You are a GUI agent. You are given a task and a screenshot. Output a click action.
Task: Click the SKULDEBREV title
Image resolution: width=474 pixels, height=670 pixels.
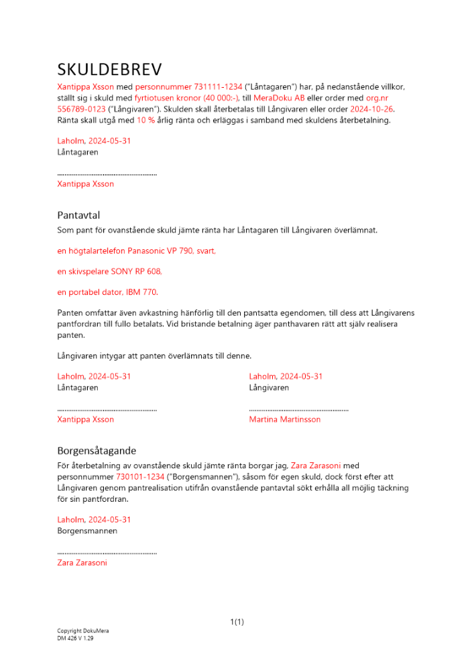pyautogui.click(x=109, y=70)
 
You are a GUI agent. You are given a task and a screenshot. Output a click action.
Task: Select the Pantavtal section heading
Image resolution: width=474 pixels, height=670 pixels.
pyautogui.click(x=78, y=215)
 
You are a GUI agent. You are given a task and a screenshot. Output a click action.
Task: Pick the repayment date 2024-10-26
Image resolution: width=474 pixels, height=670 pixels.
pyautogui.click(x=371, y=109)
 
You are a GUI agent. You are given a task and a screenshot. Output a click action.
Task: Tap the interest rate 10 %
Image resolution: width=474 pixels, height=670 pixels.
pyautogui.click(x=145, y=121)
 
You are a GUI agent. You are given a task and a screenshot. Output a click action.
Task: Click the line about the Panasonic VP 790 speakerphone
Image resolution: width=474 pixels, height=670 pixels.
pyautogui.click(x=137, y=252)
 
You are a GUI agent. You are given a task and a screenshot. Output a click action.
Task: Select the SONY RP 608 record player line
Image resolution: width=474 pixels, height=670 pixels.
pyautogui.click(x=109, y=272)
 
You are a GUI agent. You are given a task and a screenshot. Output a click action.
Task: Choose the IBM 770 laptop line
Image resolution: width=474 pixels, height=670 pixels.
pyautogui.click(x=108, y=292)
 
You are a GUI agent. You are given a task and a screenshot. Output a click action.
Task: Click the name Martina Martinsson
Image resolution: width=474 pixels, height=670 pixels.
pyautogui.click(x=284, y=419)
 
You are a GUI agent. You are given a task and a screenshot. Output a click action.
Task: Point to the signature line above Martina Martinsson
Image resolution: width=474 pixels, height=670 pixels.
pyautogui.click(x=298, y=409)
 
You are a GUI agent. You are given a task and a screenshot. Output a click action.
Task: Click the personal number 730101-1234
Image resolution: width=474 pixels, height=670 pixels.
pyautogui.click(x=140, y=476)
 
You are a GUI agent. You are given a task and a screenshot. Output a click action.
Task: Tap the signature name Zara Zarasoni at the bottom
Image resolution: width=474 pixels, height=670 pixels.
pyautogui.click(x=82, y=563)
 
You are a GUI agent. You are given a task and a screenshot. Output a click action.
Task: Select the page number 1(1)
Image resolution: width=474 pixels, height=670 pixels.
pyautogui.click(x=237, y=622)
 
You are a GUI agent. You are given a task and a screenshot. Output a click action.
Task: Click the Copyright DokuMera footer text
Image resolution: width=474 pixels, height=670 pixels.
pyautogui.click(x=82, y=631)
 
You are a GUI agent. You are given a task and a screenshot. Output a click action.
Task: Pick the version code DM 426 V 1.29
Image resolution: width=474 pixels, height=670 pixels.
pyautogui.click(x=75, y=639)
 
